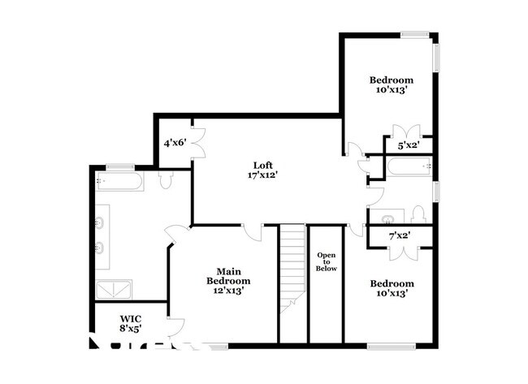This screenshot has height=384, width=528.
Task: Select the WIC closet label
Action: pos(131,318)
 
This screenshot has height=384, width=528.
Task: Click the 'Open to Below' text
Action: pos(326,261)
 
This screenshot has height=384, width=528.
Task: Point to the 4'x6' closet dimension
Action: pos(175,143)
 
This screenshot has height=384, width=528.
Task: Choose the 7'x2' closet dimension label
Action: pos(398,235)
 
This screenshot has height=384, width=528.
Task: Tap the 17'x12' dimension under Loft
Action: pos(258,174)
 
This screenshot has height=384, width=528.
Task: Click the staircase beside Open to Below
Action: pos(292,268)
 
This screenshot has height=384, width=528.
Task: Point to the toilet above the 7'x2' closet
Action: pos(418,214)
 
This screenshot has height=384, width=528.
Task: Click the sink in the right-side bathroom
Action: pos(387,217)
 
